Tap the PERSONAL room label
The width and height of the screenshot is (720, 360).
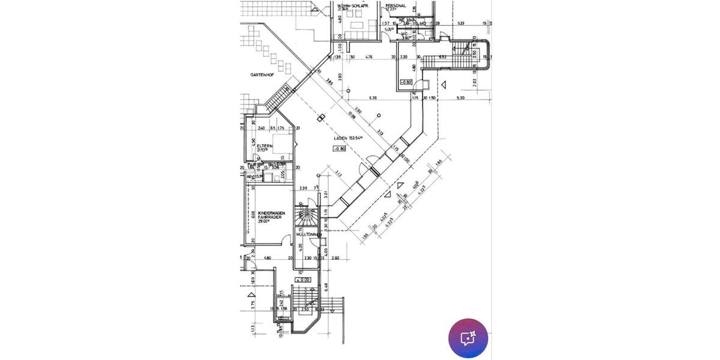click(x=396, y=6)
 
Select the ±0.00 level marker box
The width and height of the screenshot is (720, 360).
click(x=304, y=279)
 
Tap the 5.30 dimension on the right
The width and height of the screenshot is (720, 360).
click(x=460, y=98)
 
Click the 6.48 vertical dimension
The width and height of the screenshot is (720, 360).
click(x=326, y=286)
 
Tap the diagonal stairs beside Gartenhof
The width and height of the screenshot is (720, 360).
click(x=277, y=98)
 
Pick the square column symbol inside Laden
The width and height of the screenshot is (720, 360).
click(x=322, y=118)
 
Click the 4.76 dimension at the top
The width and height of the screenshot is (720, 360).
click(x=370, y=58)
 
